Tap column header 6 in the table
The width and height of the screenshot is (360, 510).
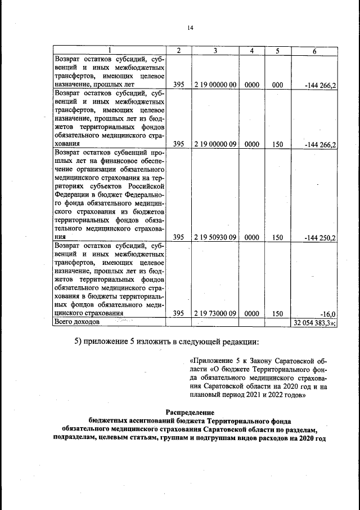(314, 51)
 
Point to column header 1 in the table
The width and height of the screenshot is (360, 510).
(110, 51)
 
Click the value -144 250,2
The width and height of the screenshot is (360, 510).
(319, 238)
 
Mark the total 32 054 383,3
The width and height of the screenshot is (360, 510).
(314, 322)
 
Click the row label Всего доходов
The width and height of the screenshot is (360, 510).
(76, 322)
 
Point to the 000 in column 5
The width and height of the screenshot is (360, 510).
(277, 85)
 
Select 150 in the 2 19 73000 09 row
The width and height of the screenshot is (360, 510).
(277, 313)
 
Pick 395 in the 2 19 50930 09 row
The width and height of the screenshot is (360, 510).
(179, 238)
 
